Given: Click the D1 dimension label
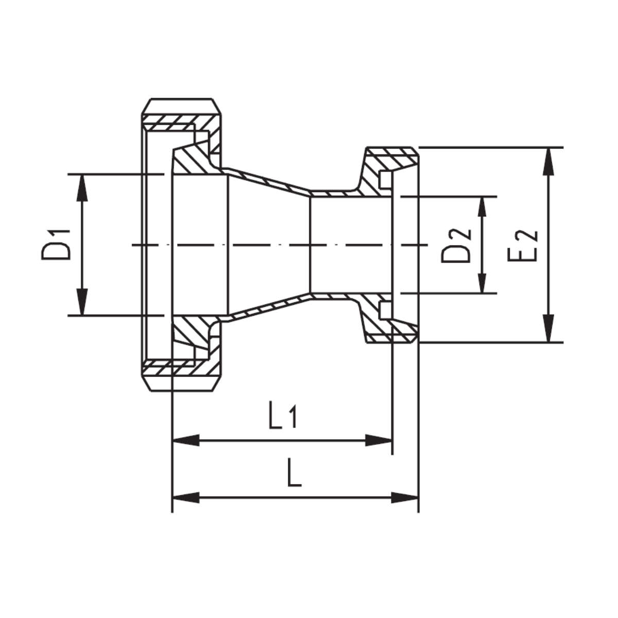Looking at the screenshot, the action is pyautogui.click(x=56, y=245).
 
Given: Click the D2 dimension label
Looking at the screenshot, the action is pyautogui.click(x=456, y=246).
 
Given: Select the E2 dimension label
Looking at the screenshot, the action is pyautogui.click(x=522, y=246).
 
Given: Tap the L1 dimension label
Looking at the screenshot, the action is pyautogui.click(x=283, y=419).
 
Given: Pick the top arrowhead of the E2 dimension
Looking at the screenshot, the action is pyautogui.click(x=548, y=161).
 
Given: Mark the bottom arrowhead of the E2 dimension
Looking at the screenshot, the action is pyautogui.click(x=548, y=329).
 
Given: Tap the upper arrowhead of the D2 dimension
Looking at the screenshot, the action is pyautogui.click(x=482, y=207).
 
